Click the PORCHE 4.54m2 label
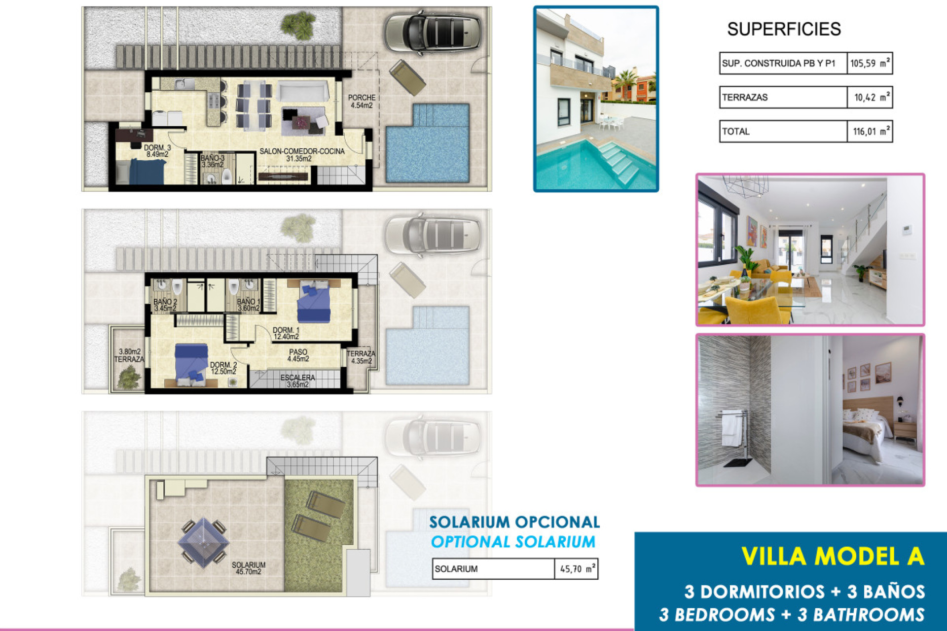pyautogui.click(x=362, y=102)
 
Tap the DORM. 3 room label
pyautogui.click(x=157, y=151)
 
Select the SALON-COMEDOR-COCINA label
pyautogui.click(x=301, y=155)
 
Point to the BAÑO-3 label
pyautogui.click(x=213, y=161)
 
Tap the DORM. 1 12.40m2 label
pyautogui.click(x=286, y=334)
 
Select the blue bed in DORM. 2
pyautogui.click(x=191, y=364)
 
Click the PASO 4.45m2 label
pyautogui.click(x=298, y=355)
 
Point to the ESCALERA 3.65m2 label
pyautogui.click(x=297, y=381)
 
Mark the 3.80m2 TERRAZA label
pyautogui.click(x=129, y=355)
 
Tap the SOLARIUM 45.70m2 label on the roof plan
pyautogui.click(x=249, y=568)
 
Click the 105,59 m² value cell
pyautogui.click(x=870, y=63)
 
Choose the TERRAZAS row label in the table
pyautogui.click(x=745, y=98)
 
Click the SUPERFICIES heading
pyautogui.click(x=784, y=30)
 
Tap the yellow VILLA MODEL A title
pyautogui.click(x=833, y=557)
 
